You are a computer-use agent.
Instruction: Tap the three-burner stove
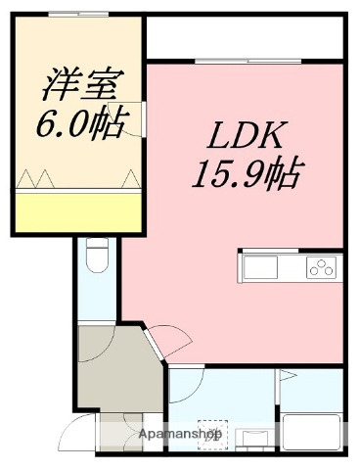322,266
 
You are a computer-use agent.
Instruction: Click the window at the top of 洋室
78,16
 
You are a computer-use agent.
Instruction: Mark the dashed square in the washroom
211,432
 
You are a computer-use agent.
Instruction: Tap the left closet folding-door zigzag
35,180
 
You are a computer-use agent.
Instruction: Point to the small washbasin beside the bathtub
256,436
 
